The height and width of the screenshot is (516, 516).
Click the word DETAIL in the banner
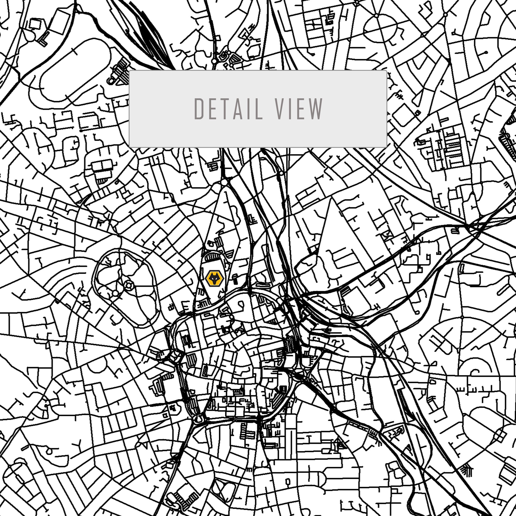point(228,109)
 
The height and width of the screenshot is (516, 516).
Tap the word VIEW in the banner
point(299,109)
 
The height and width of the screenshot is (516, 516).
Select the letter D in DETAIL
point(199,109)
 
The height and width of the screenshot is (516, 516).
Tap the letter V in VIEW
point(280,109)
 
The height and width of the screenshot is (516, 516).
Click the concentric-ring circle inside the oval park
point(129,286)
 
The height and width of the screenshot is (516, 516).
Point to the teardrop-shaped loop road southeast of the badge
point(241,305)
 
